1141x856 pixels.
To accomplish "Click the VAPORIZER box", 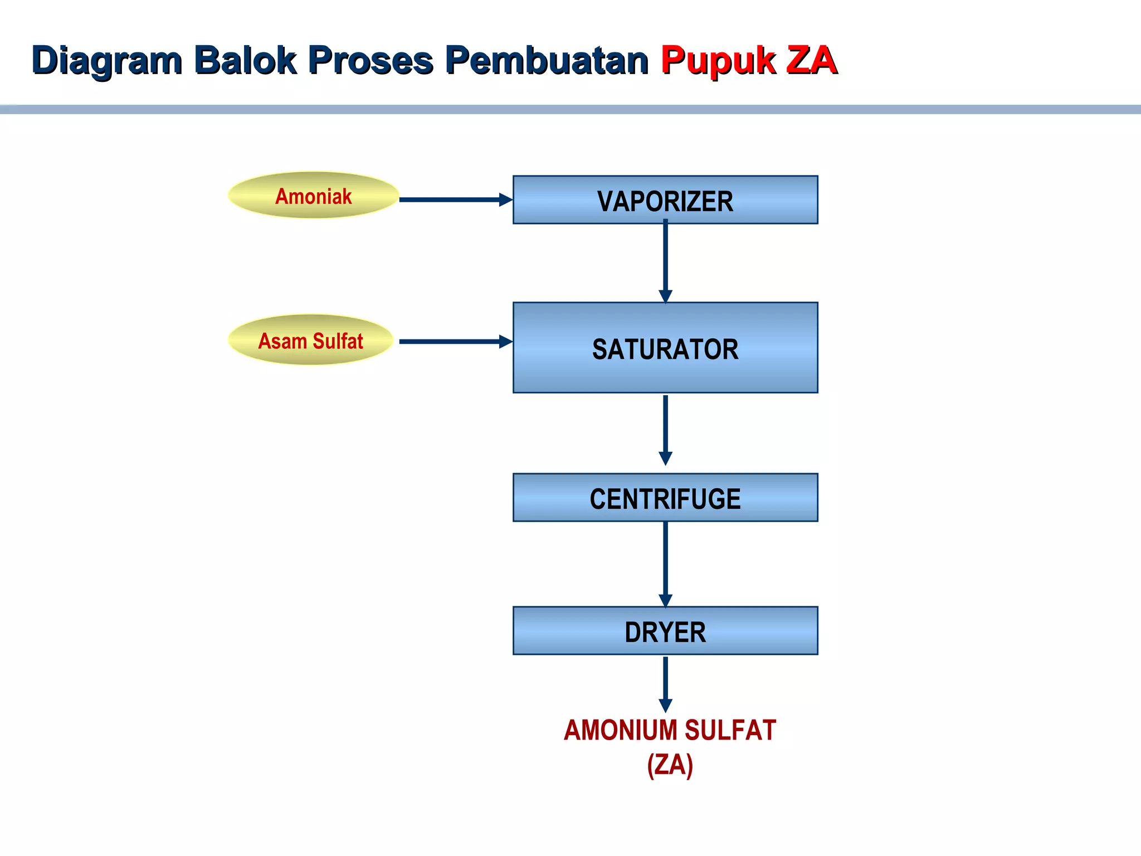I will pos(665,200).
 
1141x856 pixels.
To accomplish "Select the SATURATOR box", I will pos(665,348).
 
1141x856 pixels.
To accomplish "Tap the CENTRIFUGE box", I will pos(665,498).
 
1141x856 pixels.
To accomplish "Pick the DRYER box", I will pos(665,631).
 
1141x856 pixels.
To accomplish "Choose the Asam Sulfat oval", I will pos(311,340).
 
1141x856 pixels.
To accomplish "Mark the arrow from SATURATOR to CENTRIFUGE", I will pos(665,429).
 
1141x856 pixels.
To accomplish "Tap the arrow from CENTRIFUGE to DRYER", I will pos(665,563).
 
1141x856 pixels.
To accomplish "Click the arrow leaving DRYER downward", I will pos(665,683).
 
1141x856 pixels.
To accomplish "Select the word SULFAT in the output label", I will pos(730,731).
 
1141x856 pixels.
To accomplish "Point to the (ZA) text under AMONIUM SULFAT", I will pos(670,765).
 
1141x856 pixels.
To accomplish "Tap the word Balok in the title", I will pos(245,60).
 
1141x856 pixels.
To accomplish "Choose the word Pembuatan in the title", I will pos(547,60).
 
